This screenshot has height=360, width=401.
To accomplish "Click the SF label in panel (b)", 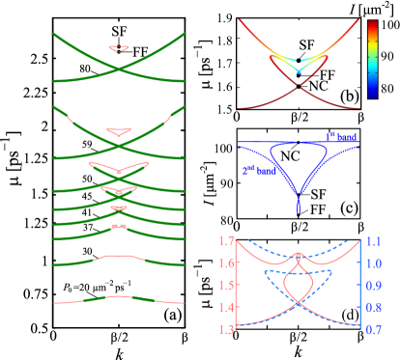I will tap(306, 44).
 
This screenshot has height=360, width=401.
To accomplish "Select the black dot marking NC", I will tap(299, 87).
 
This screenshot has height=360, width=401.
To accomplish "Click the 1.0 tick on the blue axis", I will tap(374, 263).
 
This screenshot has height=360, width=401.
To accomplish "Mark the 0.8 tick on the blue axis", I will tap(374, 308).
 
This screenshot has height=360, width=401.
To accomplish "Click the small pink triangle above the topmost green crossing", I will tap(119, 47).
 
